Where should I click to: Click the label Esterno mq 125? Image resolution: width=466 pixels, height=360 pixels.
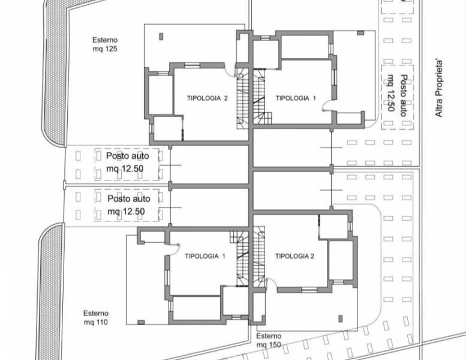coord(105,44)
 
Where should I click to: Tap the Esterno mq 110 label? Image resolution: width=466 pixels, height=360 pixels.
coord(96,317)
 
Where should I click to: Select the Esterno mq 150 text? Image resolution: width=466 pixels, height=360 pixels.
coord(269,340)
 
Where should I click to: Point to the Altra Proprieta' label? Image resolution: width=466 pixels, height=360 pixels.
coord(438,89)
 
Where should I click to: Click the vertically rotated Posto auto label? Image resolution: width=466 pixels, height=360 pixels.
coord(397,95)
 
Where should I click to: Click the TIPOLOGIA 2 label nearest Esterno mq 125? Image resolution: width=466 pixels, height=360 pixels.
coord(207,98)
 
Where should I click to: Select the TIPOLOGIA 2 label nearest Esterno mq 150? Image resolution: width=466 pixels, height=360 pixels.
coord(294,256)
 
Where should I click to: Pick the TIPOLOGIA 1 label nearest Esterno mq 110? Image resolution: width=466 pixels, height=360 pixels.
coord(205,256)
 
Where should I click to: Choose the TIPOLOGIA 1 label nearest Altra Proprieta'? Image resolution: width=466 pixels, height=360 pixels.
coord(296,98)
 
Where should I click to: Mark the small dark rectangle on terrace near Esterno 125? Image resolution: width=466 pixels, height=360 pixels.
coord(161,37)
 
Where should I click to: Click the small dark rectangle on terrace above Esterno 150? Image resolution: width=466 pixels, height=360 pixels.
coord(341,319)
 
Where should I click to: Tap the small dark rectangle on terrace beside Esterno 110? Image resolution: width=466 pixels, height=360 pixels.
coord(141,322)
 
